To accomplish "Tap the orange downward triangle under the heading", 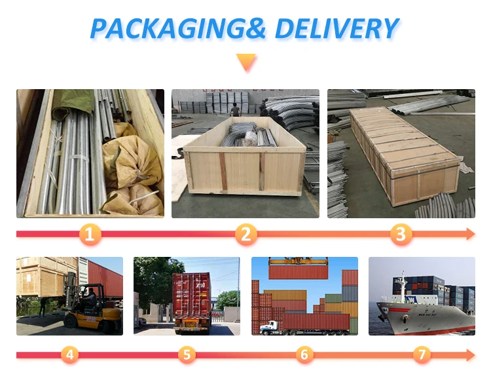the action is coord(246,63).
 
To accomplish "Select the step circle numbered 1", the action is coord(91,233).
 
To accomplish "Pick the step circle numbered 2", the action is coord(246,233).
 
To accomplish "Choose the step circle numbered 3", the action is coord(401,233).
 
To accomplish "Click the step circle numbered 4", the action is coord(70,355).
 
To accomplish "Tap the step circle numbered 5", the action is coord(187,355).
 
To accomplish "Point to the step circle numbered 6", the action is coord(304,355).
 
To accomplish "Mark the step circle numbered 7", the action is coord(422,355).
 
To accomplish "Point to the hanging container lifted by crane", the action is coord(298,271).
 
